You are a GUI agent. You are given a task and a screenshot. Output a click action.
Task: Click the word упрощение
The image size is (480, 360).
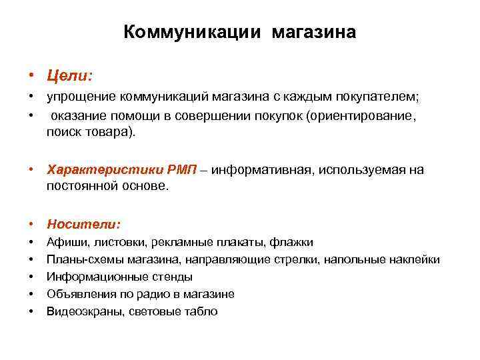[78, 98]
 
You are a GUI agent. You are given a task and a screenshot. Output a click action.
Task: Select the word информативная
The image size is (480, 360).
[263, 170]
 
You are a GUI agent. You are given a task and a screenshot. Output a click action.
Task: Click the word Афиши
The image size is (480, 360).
[64, 243]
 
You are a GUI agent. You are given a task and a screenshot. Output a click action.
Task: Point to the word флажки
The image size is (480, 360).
[295, 243]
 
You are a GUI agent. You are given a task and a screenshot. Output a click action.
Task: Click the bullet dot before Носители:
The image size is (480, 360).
[31, 225]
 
